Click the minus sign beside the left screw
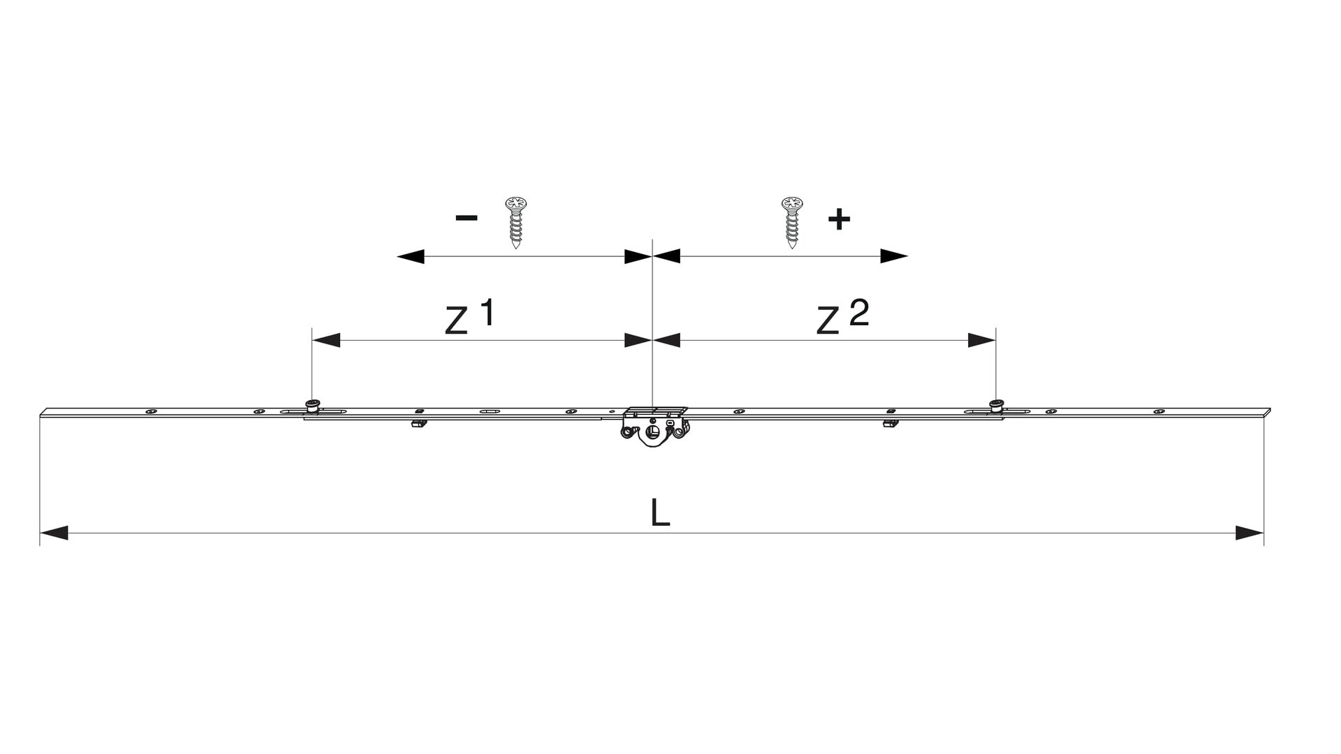click(x=467, y=218)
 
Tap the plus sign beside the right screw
click(x=839, y=219)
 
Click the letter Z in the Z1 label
click(x=456, y=320)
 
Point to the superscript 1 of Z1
click(x=487, y=312)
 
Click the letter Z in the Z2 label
click(x=828, y=320)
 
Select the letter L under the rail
click(x=660, y=512)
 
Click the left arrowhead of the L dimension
click(x=54, y=533)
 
